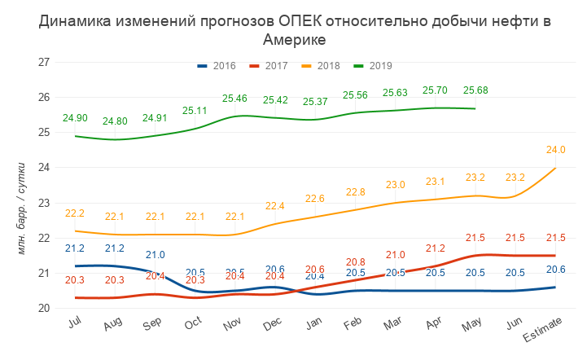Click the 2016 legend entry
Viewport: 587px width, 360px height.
point(217,65)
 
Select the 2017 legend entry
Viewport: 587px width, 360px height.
point(269,65)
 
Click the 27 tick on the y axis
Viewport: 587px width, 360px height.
point(45,62)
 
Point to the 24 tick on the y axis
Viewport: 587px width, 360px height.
point(45,168)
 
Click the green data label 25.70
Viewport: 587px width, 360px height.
point(436,90)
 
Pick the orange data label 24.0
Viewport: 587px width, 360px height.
point(555,150)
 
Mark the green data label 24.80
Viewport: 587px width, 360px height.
point(115,122)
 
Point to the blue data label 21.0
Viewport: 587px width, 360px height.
point(155,255)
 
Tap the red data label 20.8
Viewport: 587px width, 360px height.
point(355,262)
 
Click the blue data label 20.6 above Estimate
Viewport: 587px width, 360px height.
point(555,270)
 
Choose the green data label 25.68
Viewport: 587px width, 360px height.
point(475,90)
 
